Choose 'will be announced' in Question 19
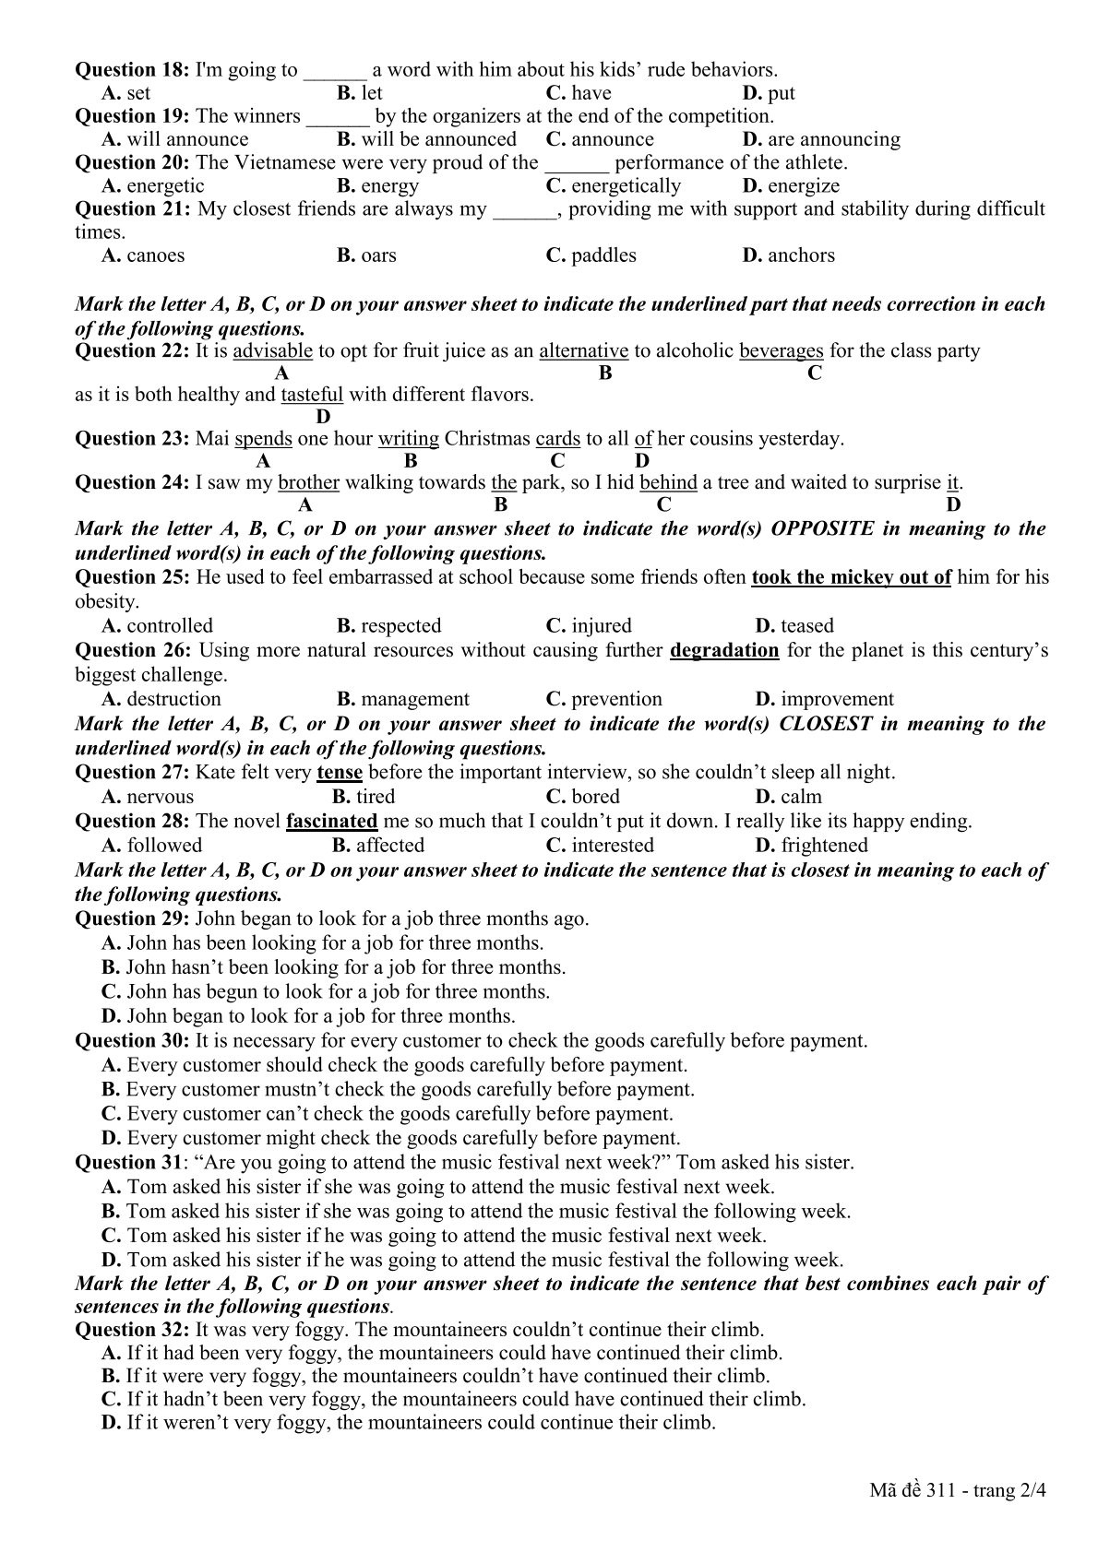pyautogui.click(x=438, y=139)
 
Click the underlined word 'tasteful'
pyautogui.click(x=312, y=395)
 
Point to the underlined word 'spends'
pyautogui.click(x=263, y=438)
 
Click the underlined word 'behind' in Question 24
pyautogui.click(x=668, y=482)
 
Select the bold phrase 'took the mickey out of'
pyautogui.click(x=851, y=578)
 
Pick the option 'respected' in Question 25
pyautogui.click(x=400, y=626)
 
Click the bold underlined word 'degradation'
pyautogui.click(x=724, y=650)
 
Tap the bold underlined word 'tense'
pyautogui.click(x=339, y=772)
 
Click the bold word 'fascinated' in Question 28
pyautogui.click(x=331, y=821)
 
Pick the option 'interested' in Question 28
pyautogui.click(x=612, y=846)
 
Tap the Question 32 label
pyautogui.click(x=132, y=1330)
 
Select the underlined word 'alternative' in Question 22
pyautogui.click(x=583, y=350)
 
